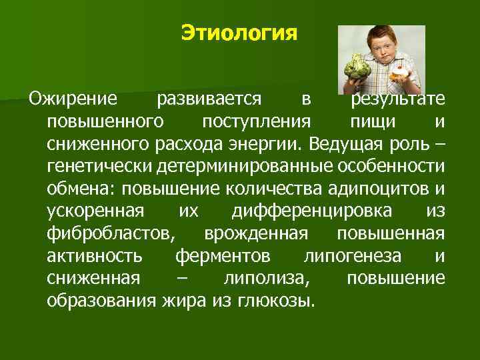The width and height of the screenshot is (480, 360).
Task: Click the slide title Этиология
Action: pos(239,33)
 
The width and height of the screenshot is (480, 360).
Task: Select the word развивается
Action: pos(208,100)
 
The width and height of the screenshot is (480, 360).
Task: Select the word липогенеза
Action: pos(353,256)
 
